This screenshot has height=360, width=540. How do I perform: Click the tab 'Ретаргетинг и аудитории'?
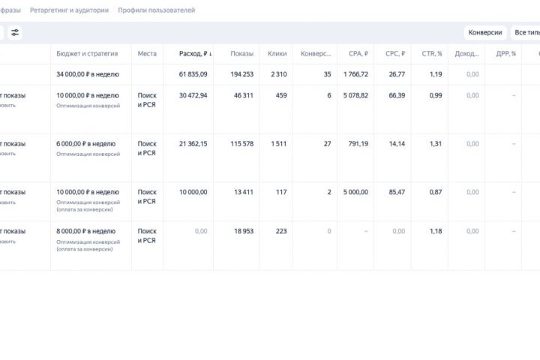tap(69, 10)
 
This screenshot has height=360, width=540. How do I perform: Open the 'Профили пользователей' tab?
tap(156, 10)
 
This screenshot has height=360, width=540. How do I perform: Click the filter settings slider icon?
tap(15, 33)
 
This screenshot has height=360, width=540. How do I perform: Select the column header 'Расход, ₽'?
tap(193, 54)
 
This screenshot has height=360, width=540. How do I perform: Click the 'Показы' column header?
tap(241, 54)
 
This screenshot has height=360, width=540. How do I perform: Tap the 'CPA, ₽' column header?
tap(358, 54)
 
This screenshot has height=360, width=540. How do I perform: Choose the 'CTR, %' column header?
tap(432, 54)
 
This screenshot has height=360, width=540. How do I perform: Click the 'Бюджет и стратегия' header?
tap(87, 54)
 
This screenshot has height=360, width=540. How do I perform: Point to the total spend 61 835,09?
tap(193, 74)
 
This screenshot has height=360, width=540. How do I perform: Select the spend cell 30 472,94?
tap(193, 96)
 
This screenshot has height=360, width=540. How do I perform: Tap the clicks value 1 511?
tap(277, 144)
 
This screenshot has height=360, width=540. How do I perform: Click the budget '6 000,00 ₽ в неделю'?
tap(87, 144)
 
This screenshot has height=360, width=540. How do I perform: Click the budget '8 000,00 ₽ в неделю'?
tap(87, 231)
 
